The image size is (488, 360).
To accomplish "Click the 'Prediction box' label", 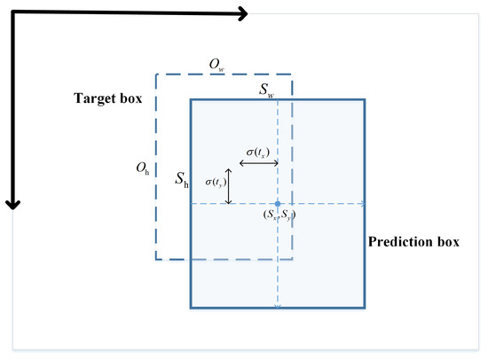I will (x=415, y=241).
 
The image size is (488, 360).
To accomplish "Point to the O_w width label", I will (x=215, y=63).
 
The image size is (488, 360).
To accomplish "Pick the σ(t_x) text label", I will (x=254, y=153).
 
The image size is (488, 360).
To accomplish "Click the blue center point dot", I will (x=278, y=204).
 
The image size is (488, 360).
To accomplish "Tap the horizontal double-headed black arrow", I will (x=254, y=164).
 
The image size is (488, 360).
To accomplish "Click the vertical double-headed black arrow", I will (x=229, y=186).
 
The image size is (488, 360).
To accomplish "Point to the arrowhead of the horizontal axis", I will (x=242, y=12).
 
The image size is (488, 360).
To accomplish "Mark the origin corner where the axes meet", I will (x=12, y=12).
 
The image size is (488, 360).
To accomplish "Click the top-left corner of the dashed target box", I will (x=156, y=74).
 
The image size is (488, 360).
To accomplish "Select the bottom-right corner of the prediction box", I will (x=364, y=308).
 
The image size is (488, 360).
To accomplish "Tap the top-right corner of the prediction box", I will (x=364, y=99).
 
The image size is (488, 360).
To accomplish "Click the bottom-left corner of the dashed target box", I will (x=156, y=259).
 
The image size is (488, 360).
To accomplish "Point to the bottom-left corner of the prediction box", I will (x=191, y=308).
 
